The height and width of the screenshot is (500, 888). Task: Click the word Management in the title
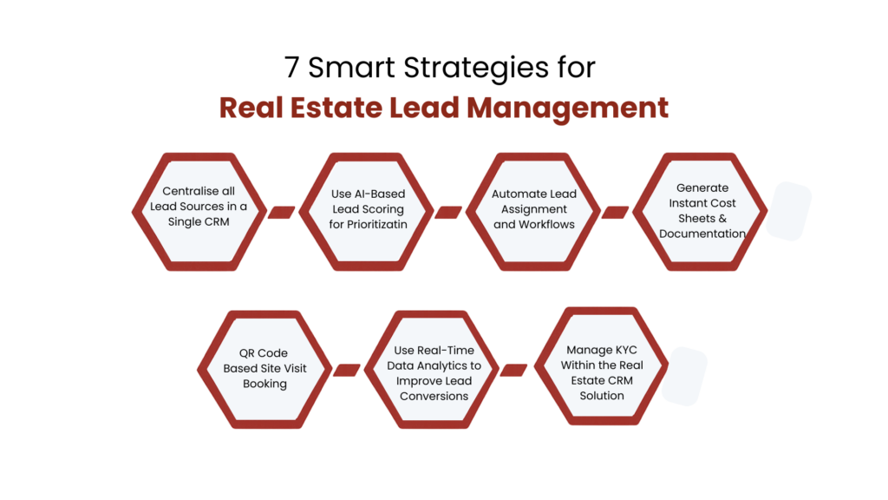(x=567, y=109)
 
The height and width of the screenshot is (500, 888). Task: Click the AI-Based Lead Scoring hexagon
(x=369, y=208)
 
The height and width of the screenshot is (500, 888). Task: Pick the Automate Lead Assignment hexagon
(x=533, y=209)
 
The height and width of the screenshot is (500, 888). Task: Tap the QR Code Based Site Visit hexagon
(x=264, y=368)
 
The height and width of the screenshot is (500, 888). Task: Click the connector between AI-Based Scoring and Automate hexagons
(x=447, y=212)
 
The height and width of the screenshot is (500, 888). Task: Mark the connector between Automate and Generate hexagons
(x=614, y=212)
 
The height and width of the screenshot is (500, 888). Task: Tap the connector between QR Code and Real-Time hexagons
(x=347, y=370)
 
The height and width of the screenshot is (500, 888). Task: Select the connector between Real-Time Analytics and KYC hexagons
(x=514, y=370)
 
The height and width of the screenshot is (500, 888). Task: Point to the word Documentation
(x=702, y=234)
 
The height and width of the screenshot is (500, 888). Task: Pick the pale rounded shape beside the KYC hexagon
(x=686, y=377)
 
